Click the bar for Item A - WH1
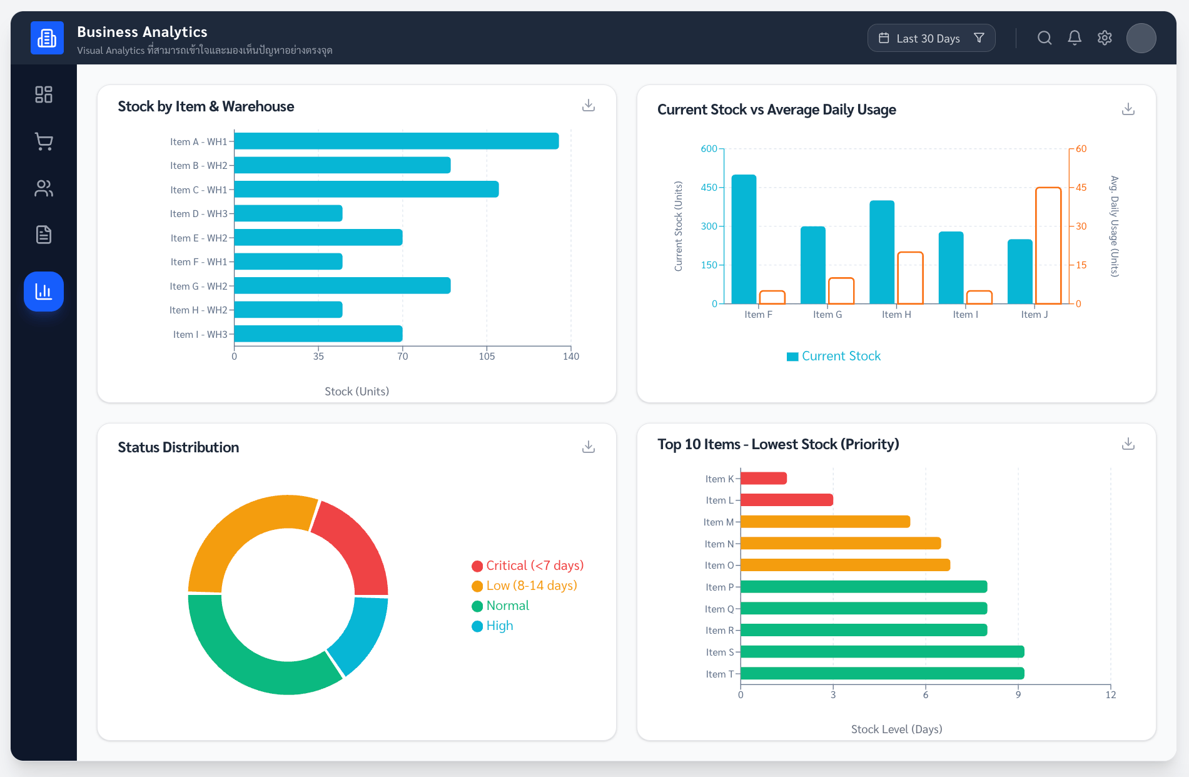click(396, 141)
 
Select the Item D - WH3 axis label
click(198, 214)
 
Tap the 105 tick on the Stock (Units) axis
click(487, 357)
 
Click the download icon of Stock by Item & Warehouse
click(588, 105)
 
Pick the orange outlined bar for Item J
click(1048, 245)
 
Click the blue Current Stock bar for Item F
click(744, 239)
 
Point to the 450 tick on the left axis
click(709, 188)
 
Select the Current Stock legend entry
click(834, 356)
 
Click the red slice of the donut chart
click(352, 546)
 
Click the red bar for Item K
click(763, 479)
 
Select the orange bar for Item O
click(844, 566)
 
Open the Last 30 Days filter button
click(931, 38)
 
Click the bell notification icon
click(1075, 38)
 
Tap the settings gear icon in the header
click(1105, 38)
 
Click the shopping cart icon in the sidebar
click(44, 141)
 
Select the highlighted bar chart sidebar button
click(44, 292)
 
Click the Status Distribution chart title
click(178, 447)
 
